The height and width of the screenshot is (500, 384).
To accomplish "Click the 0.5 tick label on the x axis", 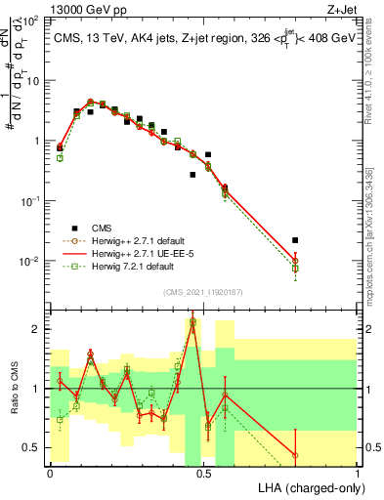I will pos(203,473).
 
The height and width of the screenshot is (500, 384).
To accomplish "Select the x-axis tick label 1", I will pos(357,473).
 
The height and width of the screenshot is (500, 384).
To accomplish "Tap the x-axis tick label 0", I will pos(50,473).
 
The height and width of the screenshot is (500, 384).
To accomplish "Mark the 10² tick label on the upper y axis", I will pos(31,20).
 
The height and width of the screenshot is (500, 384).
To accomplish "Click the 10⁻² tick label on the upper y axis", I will pos(31,261).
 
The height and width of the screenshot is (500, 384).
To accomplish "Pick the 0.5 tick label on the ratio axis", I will pos(31,447).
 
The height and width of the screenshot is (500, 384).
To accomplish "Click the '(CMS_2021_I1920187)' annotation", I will pos(203,290).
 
